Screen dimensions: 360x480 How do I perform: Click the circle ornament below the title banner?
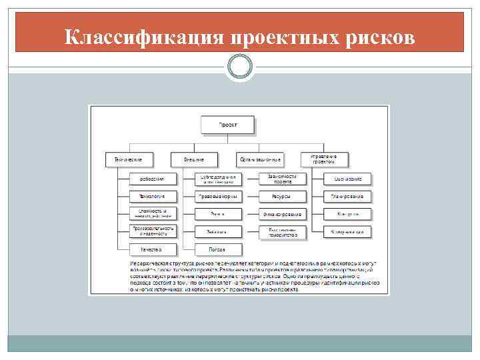click(x=239, y=67)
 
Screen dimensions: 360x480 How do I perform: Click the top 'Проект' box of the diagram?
click(x=227, y=125)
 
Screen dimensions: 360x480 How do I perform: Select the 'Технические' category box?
click(x=129, y=160)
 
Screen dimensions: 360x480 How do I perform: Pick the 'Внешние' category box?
click(x=193, y=160)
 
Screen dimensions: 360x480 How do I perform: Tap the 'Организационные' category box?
click(x=260, y=160)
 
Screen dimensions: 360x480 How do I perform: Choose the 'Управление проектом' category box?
click(x=325, y=160)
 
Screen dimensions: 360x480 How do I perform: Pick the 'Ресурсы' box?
click(x=283, y=197)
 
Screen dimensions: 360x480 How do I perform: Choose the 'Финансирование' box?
click(x=283, y=214)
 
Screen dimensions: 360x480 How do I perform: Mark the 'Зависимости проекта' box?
click(x=283, y=179)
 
